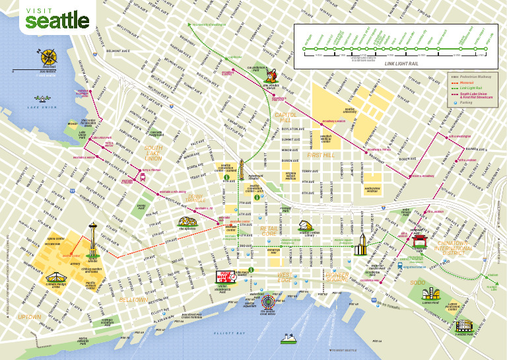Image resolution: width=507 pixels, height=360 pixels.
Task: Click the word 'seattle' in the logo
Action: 57,21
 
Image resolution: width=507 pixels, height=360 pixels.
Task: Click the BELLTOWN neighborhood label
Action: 133,299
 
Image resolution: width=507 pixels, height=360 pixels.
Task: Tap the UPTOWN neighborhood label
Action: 29,317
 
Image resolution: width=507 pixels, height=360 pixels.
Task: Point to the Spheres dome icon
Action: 187,222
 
